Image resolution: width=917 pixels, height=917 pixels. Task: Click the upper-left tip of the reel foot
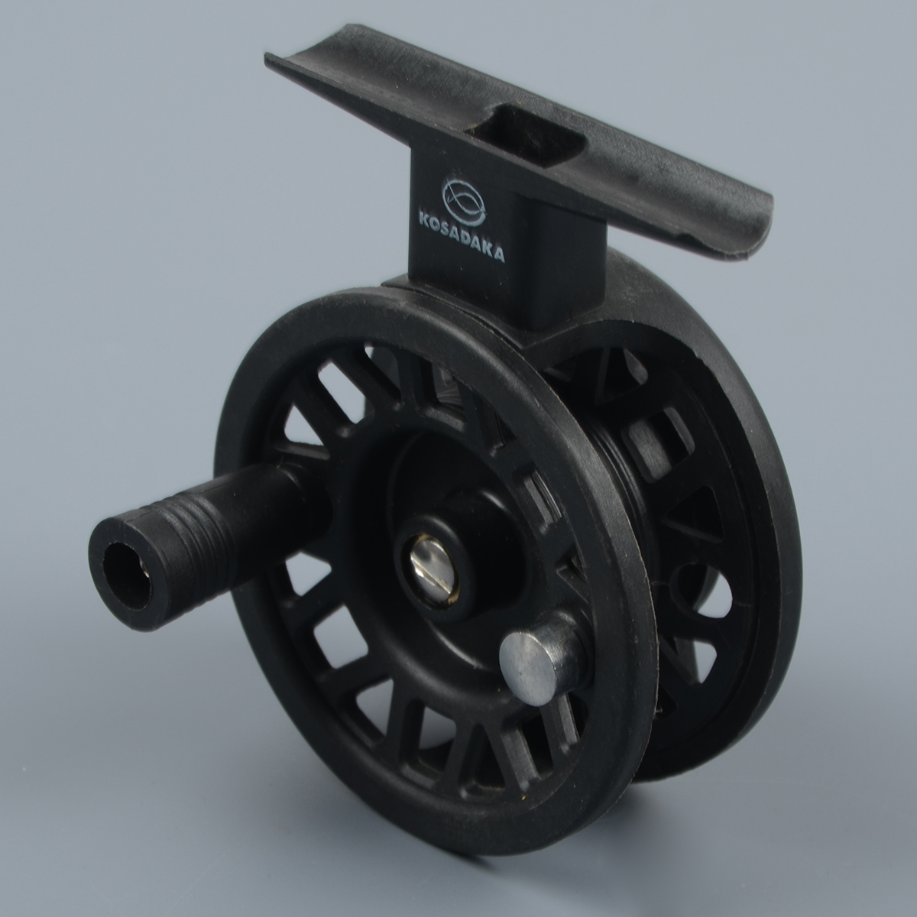point(267,56)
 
